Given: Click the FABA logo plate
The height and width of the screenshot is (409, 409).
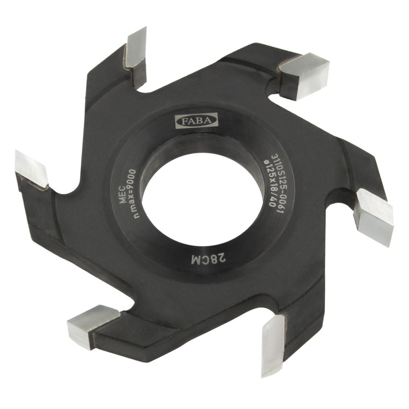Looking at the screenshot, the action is pos(196,121).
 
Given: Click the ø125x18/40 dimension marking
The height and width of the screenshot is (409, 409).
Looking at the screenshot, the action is pos(269,183).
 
